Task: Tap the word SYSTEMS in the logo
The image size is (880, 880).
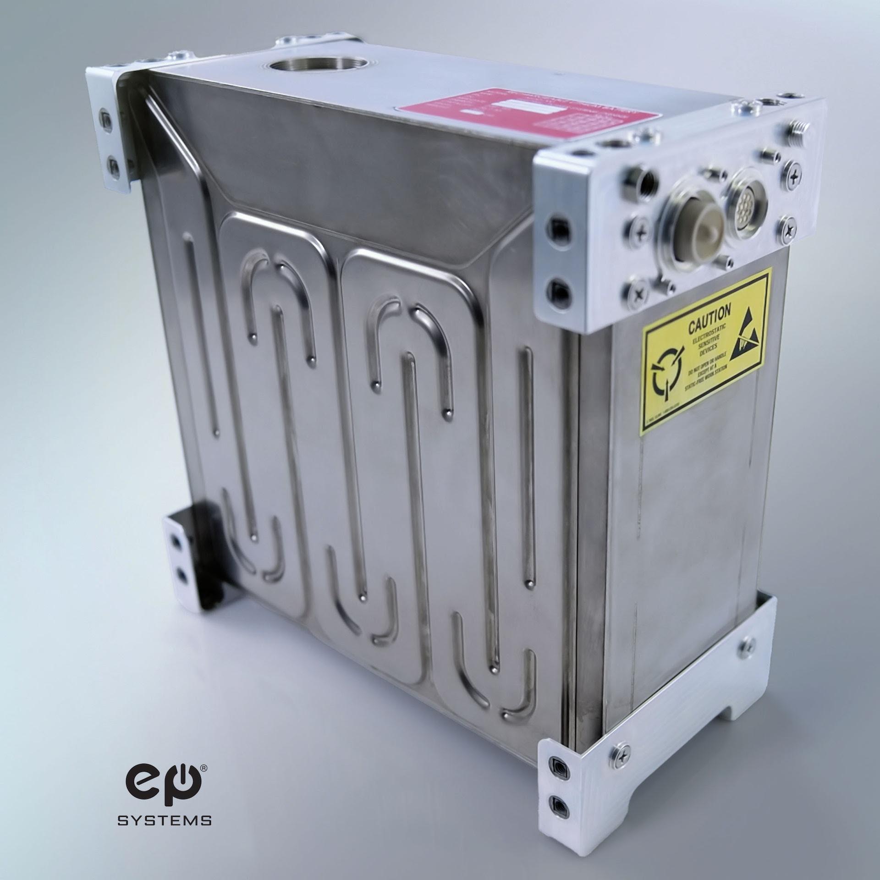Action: [165, 819]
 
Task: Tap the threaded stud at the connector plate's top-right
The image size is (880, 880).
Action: [799, 132]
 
